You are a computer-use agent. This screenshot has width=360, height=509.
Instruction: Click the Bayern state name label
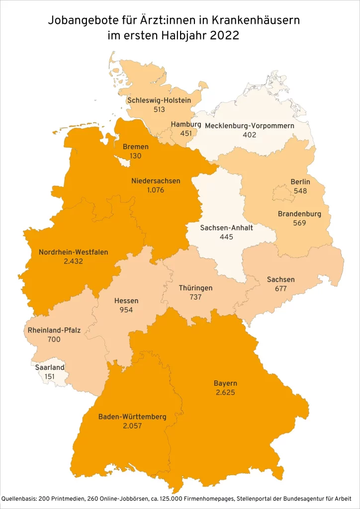225,383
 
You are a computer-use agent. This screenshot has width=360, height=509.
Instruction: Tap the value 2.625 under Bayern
225,392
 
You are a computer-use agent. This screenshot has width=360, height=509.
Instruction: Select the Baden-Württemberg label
132,417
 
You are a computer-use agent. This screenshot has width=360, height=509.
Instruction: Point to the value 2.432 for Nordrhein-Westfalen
73,260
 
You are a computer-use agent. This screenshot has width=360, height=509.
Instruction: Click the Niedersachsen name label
156,180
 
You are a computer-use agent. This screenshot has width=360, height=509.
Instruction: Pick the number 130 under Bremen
136,156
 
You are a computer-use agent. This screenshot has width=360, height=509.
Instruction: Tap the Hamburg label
185,124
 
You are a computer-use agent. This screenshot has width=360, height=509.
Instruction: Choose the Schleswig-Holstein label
159,100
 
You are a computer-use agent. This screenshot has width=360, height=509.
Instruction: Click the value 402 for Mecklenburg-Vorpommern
249,135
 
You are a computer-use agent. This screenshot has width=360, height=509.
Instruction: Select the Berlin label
300,182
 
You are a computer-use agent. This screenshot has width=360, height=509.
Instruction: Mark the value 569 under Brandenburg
299,223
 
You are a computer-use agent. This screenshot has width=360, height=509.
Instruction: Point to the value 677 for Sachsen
280,288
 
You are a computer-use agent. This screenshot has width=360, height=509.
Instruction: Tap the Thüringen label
195,288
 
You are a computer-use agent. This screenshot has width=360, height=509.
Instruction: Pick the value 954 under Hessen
126,310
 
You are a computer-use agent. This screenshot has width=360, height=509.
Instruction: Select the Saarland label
50,367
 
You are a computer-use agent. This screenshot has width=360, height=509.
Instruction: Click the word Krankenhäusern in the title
256,21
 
